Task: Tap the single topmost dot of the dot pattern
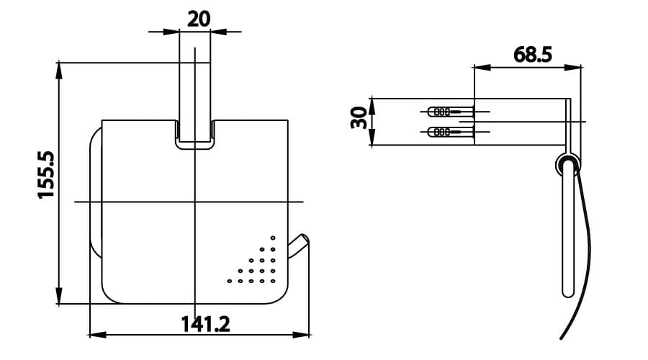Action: coord(273,238)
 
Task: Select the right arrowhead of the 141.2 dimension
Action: coord(305,335)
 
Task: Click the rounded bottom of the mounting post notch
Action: coord(194,148)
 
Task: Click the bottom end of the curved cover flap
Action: coord(562,338)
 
